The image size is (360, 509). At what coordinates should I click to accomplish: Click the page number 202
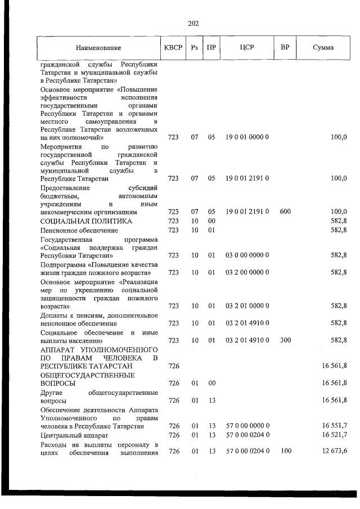click(x=192, y=23)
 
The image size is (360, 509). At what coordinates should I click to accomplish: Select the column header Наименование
click(x=98, y=48)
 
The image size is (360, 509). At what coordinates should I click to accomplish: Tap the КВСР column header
click(x=173, y=47)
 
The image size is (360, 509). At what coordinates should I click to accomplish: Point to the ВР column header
click(x=285, y=47)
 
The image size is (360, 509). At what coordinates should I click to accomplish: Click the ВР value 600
click(x=285, y=212)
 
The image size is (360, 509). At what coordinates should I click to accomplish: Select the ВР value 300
click(x=285, y=340)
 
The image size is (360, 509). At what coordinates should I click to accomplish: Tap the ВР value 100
click(x=285, y=451)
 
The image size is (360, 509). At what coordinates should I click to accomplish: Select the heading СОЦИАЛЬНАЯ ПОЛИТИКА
click(x=86, y=221)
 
